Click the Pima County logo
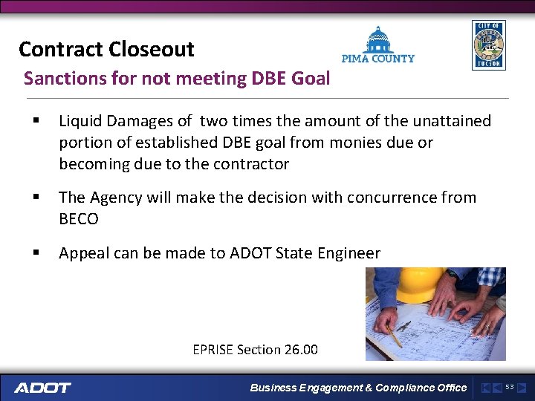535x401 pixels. tap(377, 46)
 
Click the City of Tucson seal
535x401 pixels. tap(488, 45)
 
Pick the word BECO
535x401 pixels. tap(79, 219)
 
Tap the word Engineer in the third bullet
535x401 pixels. tap(348, 253)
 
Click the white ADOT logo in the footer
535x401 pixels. tap(42, 388)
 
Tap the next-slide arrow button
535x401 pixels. tap(522, 388)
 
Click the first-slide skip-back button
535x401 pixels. tap(485, 388)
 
